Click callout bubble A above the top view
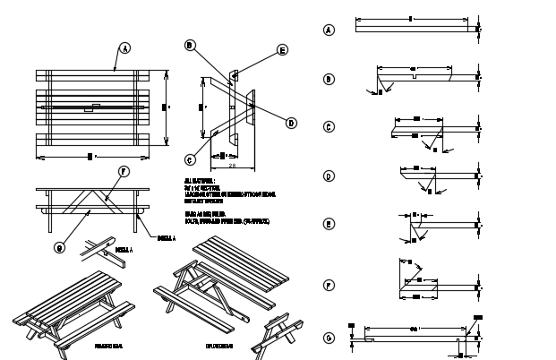click(x=124, y=47)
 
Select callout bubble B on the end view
click(x=190, y=45)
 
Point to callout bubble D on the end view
click(x=291, y=124)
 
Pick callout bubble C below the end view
click(x=190, y=160)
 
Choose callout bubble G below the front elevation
click(x=59, y=248)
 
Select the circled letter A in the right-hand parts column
click(x=329, y=30)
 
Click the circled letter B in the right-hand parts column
click(x=329, y=79)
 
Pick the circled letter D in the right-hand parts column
click(x=329, y=176)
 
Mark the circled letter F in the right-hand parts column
click(x=329, y=287)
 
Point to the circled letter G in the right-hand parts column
click(x=329, y=338)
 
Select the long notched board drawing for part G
click(x=416, y=339)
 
